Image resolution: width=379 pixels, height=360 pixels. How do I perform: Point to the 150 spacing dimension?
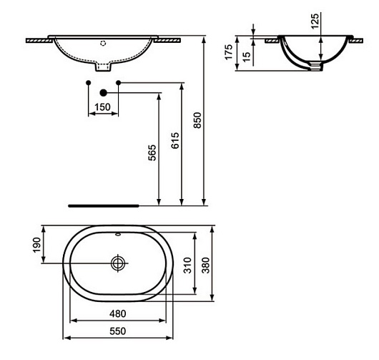[102, 107]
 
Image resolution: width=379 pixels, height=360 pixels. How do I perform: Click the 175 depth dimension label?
[230, 53]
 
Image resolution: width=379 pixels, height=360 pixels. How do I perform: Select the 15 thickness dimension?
[246, 54]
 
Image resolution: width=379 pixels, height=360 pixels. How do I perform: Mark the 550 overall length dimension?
[118, 331]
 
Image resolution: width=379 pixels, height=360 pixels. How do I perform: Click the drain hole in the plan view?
[117, 263]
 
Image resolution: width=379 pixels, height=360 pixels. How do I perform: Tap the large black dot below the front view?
[103, 92]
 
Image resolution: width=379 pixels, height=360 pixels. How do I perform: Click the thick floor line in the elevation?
[103, 204]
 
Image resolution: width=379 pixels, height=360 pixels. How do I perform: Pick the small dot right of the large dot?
[118, 84]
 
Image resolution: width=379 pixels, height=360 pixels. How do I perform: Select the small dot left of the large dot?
[88, 84]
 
